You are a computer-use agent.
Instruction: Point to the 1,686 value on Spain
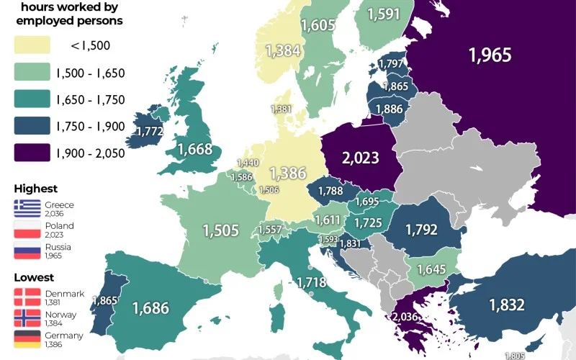[150, 308]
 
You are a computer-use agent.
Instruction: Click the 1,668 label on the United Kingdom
[194, 149]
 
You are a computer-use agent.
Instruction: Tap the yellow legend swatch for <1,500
[32, 45]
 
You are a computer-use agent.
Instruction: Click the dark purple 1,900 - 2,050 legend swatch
[32, 152]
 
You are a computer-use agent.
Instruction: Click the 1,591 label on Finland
[389, 14]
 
